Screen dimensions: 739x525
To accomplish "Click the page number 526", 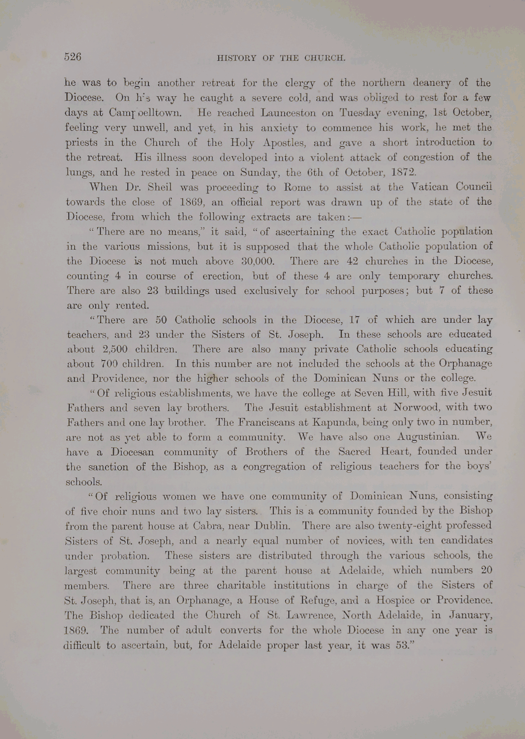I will [x=73, y=57].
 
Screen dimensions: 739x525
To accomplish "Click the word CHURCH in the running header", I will [x=325, y=59].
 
